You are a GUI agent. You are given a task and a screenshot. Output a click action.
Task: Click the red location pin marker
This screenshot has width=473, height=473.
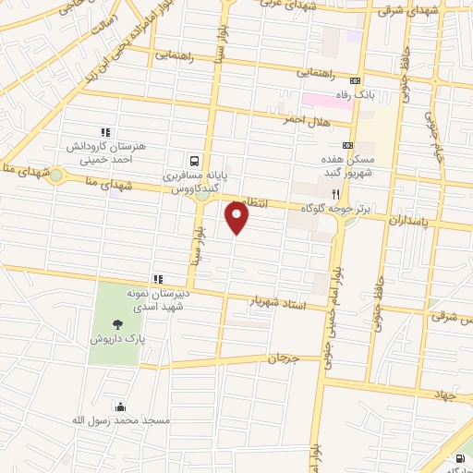click(x=237, y=218)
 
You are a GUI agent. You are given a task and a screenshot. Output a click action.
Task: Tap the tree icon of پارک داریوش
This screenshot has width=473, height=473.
click(x=117, y=323)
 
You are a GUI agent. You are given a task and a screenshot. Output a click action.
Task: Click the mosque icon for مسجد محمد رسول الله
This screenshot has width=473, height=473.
click(x=118, y=406)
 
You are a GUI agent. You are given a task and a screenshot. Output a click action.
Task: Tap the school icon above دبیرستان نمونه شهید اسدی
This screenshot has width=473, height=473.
click(x=159, y=278)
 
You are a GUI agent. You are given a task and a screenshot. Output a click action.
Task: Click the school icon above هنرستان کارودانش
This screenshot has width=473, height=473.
click(x=105, y=132)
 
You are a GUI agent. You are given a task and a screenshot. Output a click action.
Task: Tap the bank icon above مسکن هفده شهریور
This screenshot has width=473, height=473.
click(x=347, y=145)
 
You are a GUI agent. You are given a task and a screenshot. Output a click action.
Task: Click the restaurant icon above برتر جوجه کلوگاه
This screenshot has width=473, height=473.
click(x=336, y=195)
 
